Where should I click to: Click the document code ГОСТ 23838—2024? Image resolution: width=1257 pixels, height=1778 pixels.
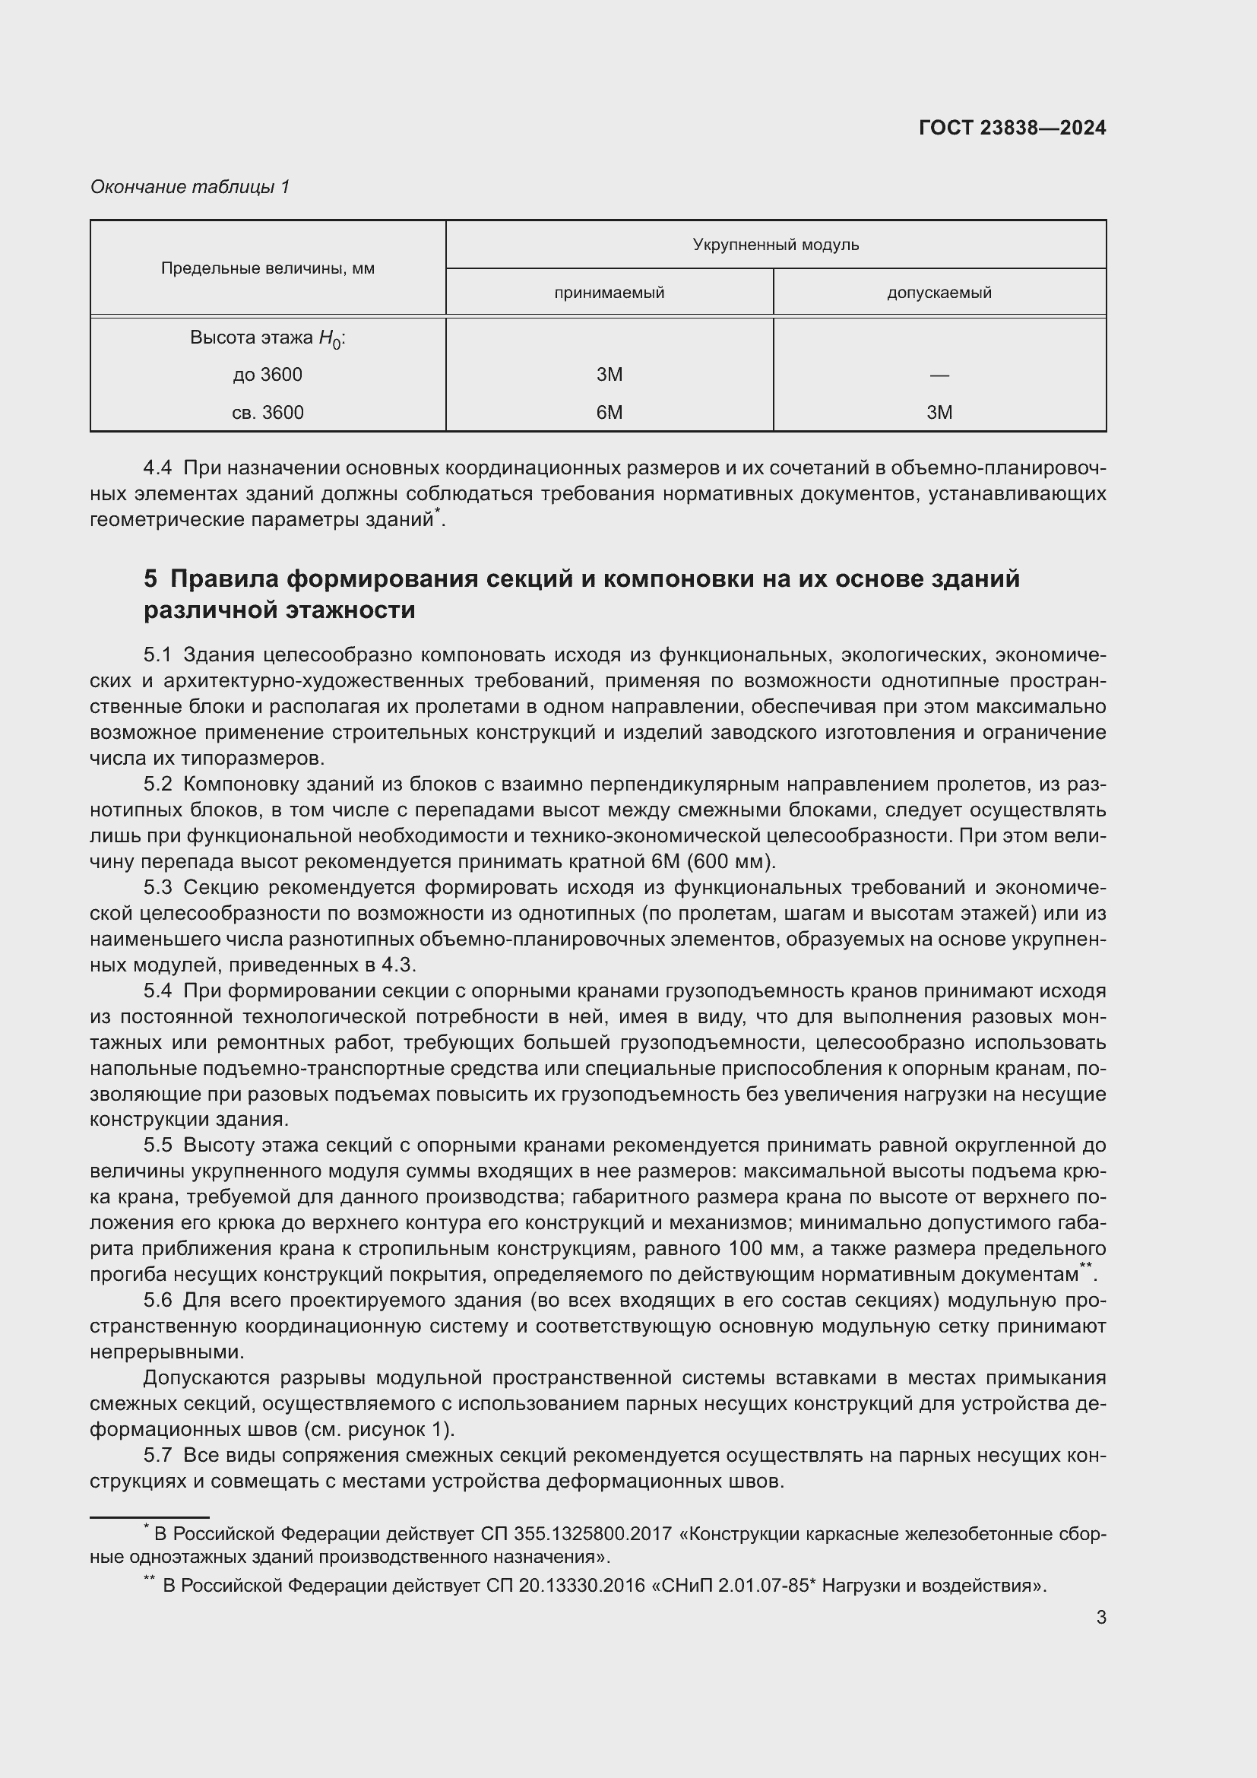tap(1012, 128)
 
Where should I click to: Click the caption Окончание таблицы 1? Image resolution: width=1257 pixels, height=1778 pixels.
tap(190, 187)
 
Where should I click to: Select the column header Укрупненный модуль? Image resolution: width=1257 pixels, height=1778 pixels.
tap(776, 245)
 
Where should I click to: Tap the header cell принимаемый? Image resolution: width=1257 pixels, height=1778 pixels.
tap(610, 293)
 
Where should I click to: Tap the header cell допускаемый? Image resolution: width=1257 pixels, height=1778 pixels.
tap(939, 293)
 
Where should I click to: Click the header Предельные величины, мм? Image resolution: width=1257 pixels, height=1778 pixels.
tap(268, 268)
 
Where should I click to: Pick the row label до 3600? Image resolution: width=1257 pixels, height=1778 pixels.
tap(268, 375)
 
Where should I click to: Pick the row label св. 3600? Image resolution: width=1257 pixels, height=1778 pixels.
tap(268, 413)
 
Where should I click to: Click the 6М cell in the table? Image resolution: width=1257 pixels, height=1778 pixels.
tap(610, 413)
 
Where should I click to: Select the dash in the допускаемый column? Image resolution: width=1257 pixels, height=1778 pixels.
tap(939, 376)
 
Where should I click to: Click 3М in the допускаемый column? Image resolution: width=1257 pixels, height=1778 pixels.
tap(939, 413)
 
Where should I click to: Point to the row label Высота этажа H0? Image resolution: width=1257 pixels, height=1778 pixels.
tap(268, 338)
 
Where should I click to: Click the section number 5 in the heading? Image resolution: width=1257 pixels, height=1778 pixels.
tap(150, 578)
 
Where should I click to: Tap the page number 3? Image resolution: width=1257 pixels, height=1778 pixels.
tap(1100, 1617)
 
